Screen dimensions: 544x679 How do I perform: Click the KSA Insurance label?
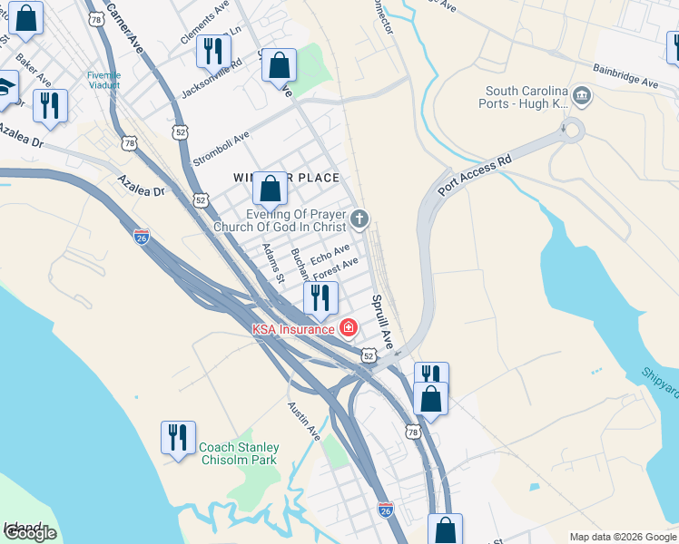coord(292,329)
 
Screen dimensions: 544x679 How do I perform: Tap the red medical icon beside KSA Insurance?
coord(347,327)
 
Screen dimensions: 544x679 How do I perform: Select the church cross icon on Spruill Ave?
coord(360,219)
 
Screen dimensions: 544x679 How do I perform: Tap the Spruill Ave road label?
coord(380,321)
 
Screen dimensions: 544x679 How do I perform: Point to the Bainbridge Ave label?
coord(625,75)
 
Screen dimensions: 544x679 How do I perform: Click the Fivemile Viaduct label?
coord(103,81)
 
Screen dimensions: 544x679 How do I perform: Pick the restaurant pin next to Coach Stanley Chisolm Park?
coord(178,437)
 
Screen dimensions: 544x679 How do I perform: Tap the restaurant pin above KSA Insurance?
coord(320,297)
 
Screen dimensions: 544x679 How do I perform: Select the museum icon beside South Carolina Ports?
coord(583,95)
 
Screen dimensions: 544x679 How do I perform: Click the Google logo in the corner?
coord(29,533)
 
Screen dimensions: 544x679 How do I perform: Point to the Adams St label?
coord(272,262)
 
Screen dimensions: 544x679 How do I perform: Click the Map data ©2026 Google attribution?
coord(623,537)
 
